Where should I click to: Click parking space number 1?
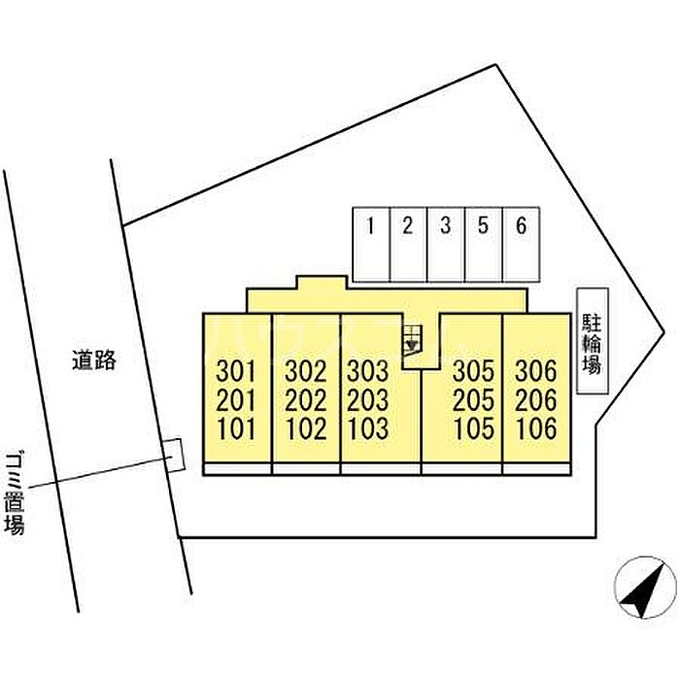371,245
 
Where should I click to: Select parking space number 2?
409,245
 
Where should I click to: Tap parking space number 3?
446,245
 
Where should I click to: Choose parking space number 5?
484,245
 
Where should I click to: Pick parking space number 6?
522,245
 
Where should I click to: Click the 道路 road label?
94,360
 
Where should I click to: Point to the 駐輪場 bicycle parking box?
593,341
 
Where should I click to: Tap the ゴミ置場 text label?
15,493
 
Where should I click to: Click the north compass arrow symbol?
643,588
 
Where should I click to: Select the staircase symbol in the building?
412,340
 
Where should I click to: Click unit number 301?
236,372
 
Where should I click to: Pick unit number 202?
306,400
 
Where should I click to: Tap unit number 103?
368,428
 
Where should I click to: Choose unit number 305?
474,372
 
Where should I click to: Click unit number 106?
536,428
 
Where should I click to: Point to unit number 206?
536,400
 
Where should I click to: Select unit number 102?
307,428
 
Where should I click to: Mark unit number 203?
368,400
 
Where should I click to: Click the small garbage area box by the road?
174,455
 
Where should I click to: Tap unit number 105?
474,428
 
